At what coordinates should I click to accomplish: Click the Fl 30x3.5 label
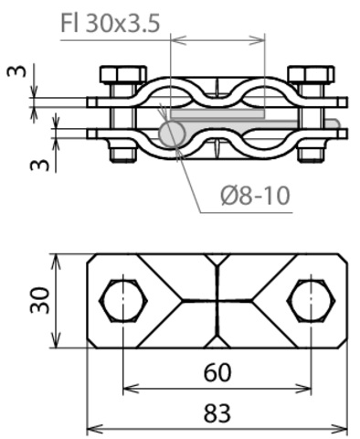pos(111,23)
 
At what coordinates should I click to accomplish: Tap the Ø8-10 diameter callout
pos(255,196)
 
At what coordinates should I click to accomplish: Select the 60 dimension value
pos(217,372)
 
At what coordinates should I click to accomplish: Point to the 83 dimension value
pos(217,413)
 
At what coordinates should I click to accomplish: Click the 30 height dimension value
pos(39,300)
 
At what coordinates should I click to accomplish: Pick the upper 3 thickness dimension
pos(17,71)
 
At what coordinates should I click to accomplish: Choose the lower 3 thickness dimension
pos(39,165)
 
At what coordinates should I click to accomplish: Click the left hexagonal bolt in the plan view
pos(123,300)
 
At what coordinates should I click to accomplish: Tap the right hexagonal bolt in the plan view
pos(311,300)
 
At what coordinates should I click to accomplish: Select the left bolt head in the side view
pos(123,74)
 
